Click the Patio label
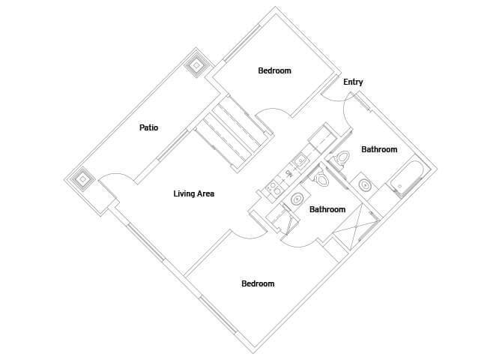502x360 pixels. click(x=148, y=127)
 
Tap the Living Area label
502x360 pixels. click(x=194, y=193)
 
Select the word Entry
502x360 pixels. click(x=353, y=82)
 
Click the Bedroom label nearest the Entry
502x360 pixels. click(x=274, y=70)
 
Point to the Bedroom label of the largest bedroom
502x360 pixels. click(x=258, y=283)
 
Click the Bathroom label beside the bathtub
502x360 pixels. click(x=379, y=149)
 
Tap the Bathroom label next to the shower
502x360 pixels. click(x=327, y=210)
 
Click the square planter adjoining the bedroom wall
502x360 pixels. click(x=196, y=66)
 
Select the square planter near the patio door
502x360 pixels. click(x=83, y=179)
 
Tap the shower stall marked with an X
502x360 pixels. click(x=355, y=226)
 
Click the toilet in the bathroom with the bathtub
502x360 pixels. click(x=342, y=157)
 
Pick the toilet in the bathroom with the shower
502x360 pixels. click(x=321, y=179)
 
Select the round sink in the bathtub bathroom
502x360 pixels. click(x=365, y=185)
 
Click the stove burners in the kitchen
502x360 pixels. click(x=273, y=187)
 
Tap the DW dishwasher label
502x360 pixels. click(x=289, y=173)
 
